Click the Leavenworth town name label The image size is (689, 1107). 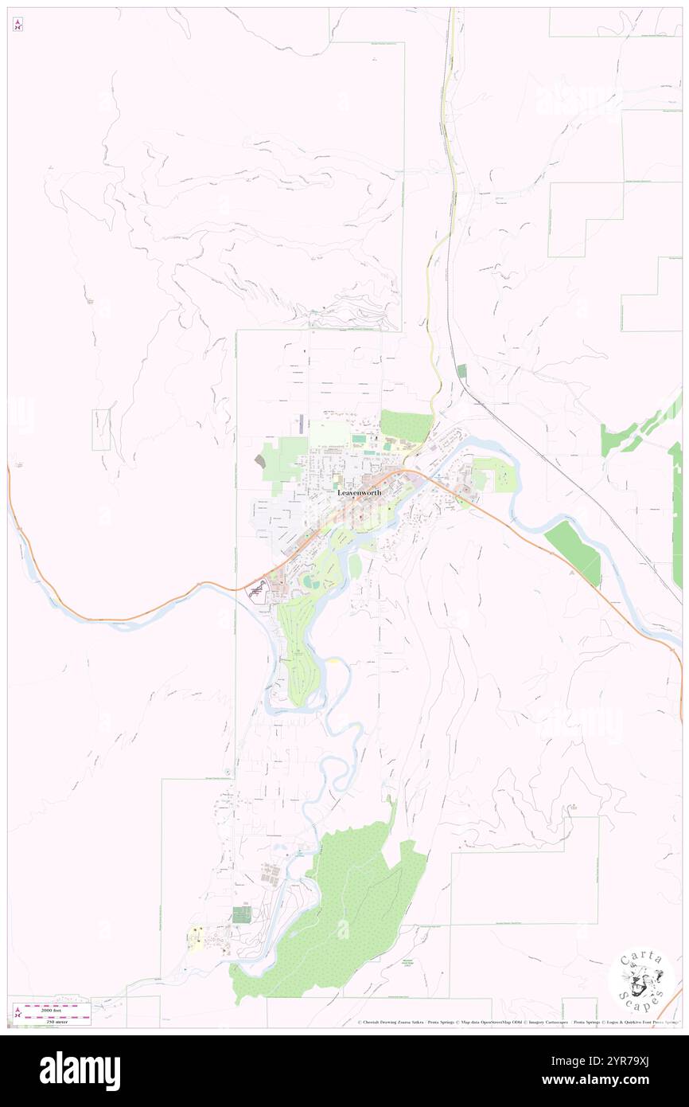point(359,493)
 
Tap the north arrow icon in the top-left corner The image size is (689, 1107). point(18,25)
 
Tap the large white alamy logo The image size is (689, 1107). point(80,1070)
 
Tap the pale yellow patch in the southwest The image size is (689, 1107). point(195,938)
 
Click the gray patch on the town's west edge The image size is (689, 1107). point(260,461)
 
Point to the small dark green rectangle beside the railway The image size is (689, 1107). point(461,370)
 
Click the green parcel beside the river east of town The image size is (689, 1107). point(573,550)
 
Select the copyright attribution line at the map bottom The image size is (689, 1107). point(517,1023)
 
